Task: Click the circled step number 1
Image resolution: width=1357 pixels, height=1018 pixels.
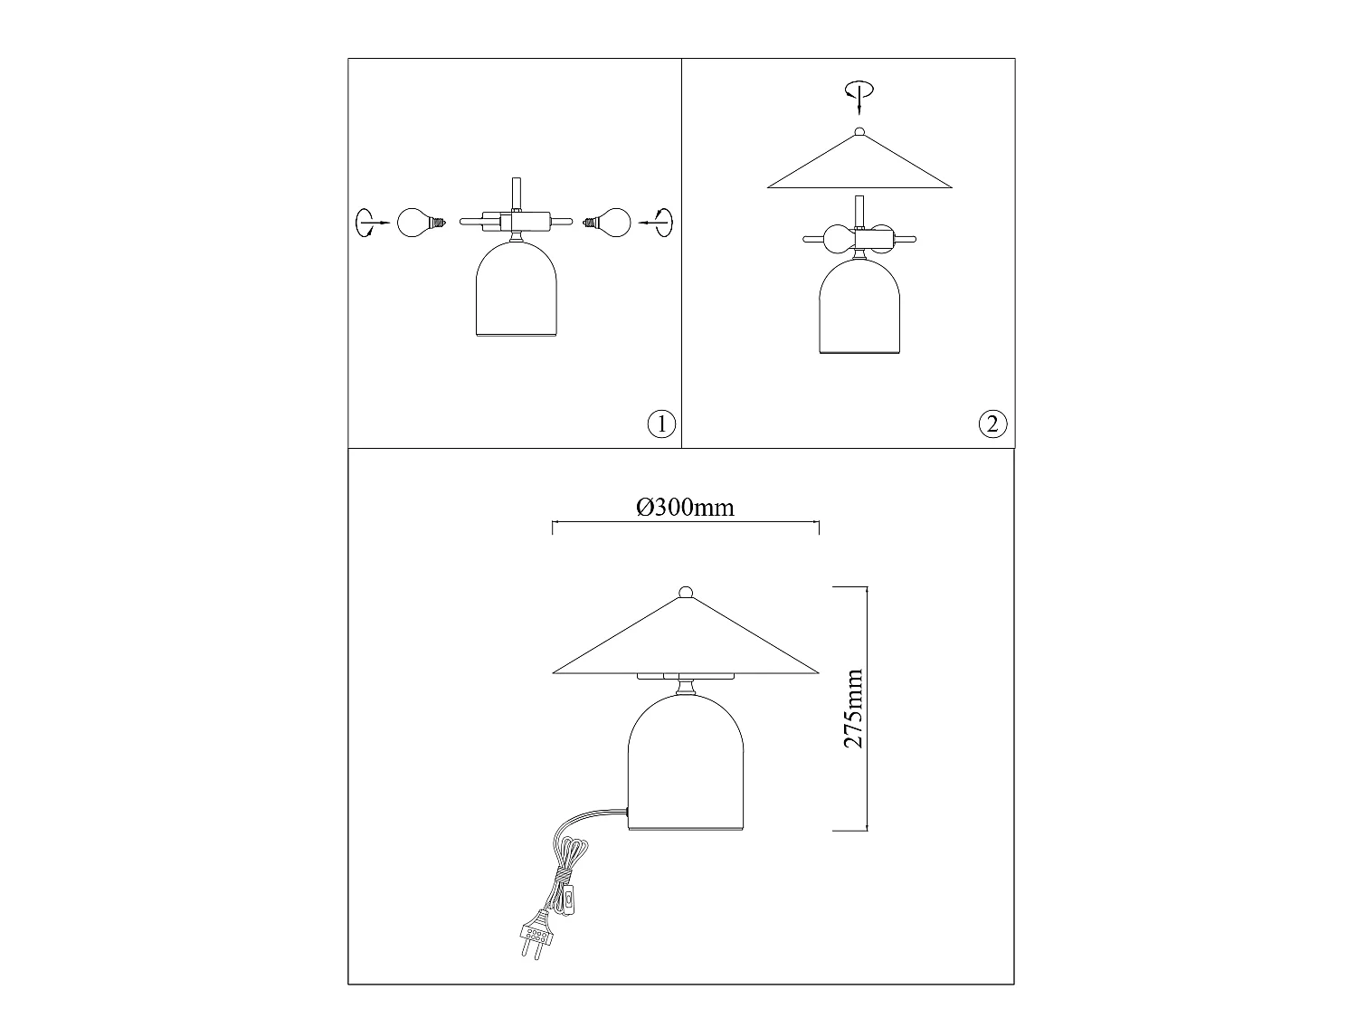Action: (x=661, y=424)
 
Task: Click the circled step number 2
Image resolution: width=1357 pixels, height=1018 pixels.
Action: (x=992, y=424)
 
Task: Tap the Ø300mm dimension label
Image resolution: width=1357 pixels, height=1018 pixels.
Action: (x=685, y=508)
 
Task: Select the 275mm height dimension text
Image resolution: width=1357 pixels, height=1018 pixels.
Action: (x=853, y=709)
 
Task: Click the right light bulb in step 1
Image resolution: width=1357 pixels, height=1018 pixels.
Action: (x=607, y=223)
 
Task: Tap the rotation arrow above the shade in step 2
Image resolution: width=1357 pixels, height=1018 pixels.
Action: (x=859, y=97)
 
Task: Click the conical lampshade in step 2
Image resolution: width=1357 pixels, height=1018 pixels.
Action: (x=859, y=161)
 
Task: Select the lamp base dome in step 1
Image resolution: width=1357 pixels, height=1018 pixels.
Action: (x=517, y=289)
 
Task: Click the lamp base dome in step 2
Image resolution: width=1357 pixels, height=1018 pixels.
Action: (x=859, y=306)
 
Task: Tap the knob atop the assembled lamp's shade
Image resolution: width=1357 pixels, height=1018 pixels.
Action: (x=686, y=592)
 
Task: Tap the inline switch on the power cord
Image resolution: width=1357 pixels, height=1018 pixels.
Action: (x=569, y=901)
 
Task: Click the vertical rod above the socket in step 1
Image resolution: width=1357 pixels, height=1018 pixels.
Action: (x=517, y=195)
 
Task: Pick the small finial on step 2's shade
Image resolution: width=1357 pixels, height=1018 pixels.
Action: (x=859, y=131)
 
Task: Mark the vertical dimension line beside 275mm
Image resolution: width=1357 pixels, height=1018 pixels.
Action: (x=867, y=709)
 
